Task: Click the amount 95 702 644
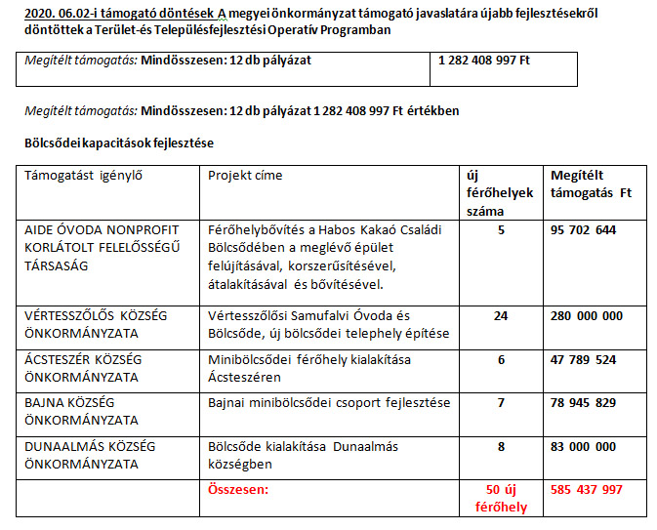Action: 584,230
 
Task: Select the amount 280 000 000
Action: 587,315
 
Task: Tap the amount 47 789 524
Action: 584,359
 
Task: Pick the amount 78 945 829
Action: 584,402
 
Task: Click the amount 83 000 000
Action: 584,446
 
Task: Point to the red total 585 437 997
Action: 587,489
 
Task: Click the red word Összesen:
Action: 238,489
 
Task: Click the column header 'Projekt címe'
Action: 245,176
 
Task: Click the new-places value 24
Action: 501,315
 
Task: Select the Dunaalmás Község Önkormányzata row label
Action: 89,455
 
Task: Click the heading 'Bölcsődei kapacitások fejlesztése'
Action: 119,143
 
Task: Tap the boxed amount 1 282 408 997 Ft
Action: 484,59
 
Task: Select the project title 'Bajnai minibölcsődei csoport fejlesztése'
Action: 329,402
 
